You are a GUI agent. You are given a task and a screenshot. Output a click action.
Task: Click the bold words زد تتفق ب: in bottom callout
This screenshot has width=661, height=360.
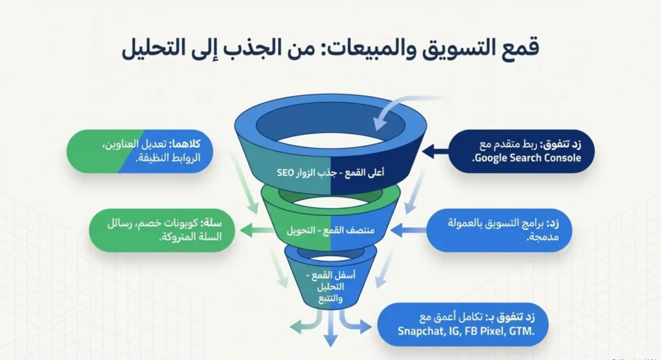pyautogui.click(x=520, y=317)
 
